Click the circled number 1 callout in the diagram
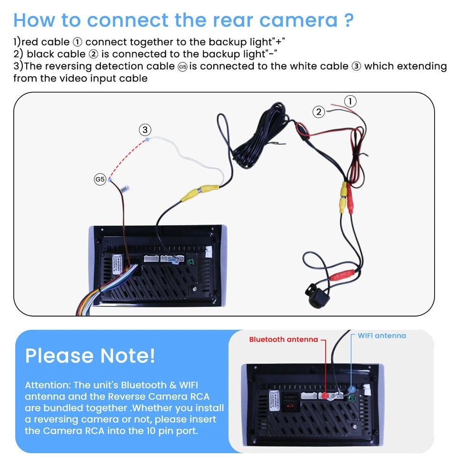tap(350, 101)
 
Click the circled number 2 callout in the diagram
tap(318, 112)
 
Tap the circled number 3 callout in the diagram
tap(145, 129)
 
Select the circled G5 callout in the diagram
tap(99, 179)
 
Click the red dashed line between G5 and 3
tap(128, 159)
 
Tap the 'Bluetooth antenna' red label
tap(283, 339)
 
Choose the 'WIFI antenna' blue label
tap(382, 336)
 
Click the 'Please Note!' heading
tap(90, 356)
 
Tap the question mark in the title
tap(348, 20)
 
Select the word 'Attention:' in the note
tap(47, 385)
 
